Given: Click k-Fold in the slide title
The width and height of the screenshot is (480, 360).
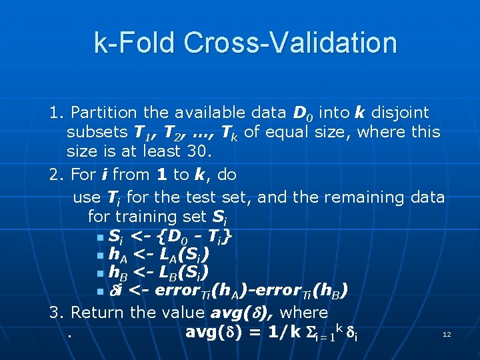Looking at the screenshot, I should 135,43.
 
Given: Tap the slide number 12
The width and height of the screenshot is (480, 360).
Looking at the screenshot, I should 447,333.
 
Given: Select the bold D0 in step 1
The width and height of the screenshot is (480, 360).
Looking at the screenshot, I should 301,113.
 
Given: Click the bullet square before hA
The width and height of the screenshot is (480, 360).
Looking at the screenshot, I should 99,255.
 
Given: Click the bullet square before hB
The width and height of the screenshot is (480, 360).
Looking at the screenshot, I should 99,273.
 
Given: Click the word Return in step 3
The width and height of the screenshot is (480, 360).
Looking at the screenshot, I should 98,312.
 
